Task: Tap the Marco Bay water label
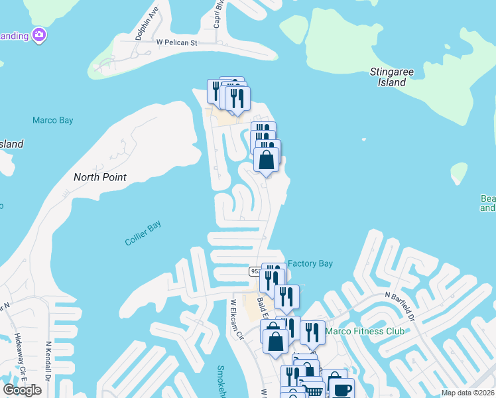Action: pos(53,121)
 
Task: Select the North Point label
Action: pos(99,177)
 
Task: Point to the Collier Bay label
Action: pos(143,233)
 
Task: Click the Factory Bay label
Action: pos(310,264)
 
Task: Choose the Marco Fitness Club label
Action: pos(366,331)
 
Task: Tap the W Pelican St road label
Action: pos(177,42)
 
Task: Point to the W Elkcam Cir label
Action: pos(237,319)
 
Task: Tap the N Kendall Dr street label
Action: pos(48,362)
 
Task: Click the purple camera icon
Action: pos(39,34)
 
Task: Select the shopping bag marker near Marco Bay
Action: pos(266,161)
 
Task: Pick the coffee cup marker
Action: pos(341,389)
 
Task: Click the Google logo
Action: pos(22,389)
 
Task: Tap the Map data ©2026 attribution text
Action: pos(467,393)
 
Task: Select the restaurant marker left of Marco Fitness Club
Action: pos(312,332)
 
